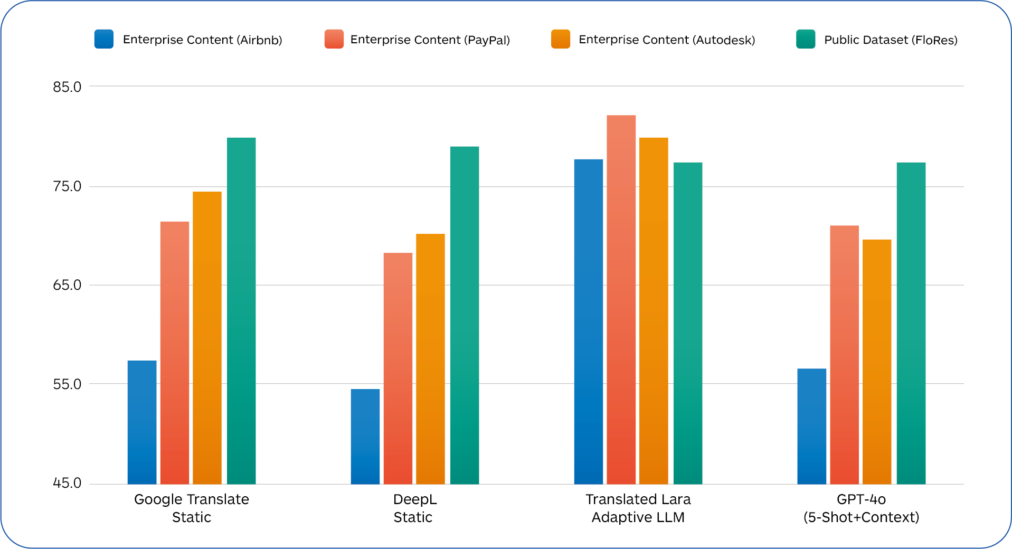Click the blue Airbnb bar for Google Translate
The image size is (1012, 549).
(x=142, y=422)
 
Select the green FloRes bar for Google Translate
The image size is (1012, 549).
(x=241, y=311)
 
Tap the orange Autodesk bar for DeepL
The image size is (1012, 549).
(x=430, y=359)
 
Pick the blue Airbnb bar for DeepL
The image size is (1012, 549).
(x=365, y=437)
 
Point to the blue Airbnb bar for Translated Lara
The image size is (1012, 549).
(x=589, y=321)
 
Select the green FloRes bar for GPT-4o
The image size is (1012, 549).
(x=911, y=323)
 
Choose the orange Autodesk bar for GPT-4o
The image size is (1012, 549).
(x=877, y=362)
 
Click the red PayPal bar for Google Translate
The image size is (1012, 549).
(x=175, y=353)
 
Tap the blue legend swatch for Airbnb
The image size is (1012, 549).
(x=104, y=39)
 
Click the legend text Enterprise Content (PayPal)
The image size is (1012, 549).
(x=430, y=40)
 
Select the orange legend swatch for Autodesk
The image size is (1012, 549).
(x=560, y=39)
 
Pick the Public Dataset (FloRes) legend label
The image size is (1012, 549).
(x=891, y=40)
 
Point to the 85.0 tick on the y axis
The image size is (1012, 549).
(x=67, y=87)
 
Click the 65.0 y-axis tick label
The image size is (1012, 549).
(x=67, y=285)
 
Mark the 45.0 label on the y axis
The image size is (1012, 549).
(x=67, y=483)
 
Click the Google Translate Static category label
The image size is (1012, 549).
(x=192, y=508)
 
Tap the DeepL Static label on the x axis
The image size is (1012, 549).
(x=414, y=508)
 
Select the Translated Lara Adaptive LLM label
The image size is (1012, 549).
(x=638, y=508)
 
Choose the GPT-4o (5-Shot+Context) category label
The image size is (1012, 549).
(x=861, y=508)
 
